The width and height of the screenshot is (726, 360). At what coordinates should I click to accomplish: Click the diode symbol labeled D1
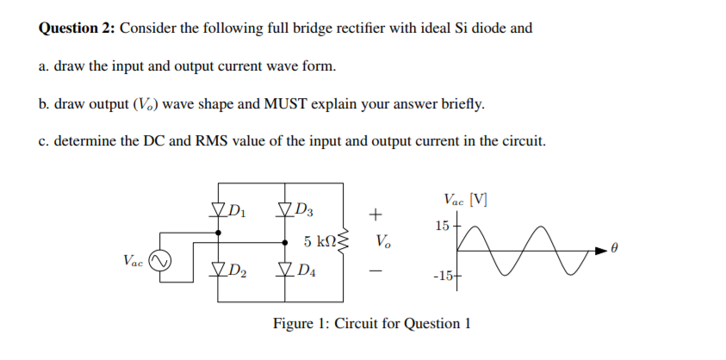217,208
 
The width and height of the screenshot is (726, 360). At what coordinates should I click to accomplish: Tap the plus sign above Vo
375,213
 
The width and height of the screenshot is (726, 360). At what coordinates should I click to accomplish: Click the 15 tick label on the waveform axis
442,226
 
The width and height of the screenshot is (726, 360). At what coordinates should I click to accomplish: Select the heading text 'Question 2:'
77,28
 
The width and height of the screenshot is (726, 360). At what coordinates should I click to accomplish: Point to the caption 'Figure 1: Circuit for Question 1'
371,324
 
